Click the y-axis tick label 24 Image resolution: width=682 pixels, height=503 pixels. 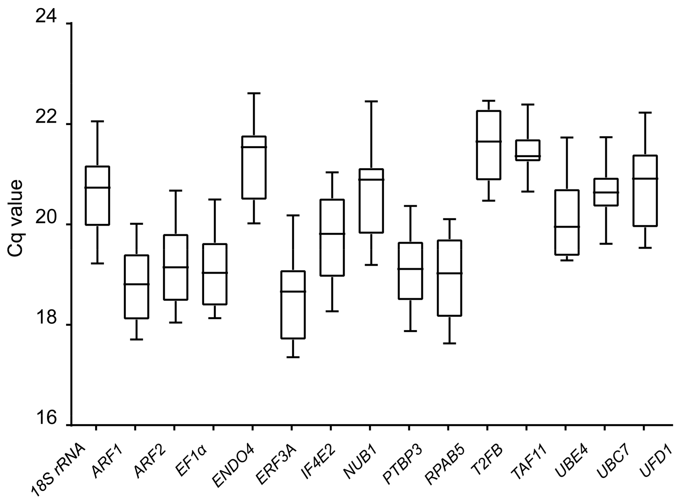(x=46, y=16)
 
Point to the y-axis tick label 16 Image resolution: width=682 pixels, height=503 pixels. (x=46, y=418)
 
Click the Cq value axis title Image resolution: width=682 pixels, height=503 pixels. (x=15, y=218)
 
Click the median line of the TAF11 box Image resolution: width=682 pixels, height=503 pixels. (x=527, y=156)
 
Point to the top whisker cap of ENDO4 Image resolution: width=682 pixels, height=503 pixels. (x=254, y=93)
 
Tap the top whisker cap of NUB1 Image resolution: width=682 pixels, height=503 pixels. (x=371, y=101)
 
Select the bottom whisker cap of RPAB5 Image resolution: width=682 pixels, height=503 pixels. (x=450, y=343)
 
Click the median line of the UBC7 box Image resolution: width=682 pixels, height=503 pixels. (x=606, y=193)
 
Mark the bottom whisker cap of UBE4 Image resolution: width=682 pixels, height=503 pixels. (x=567, y=260)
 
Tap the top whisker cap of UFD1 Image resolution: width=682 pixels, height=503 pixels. (x=645, y=113)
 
